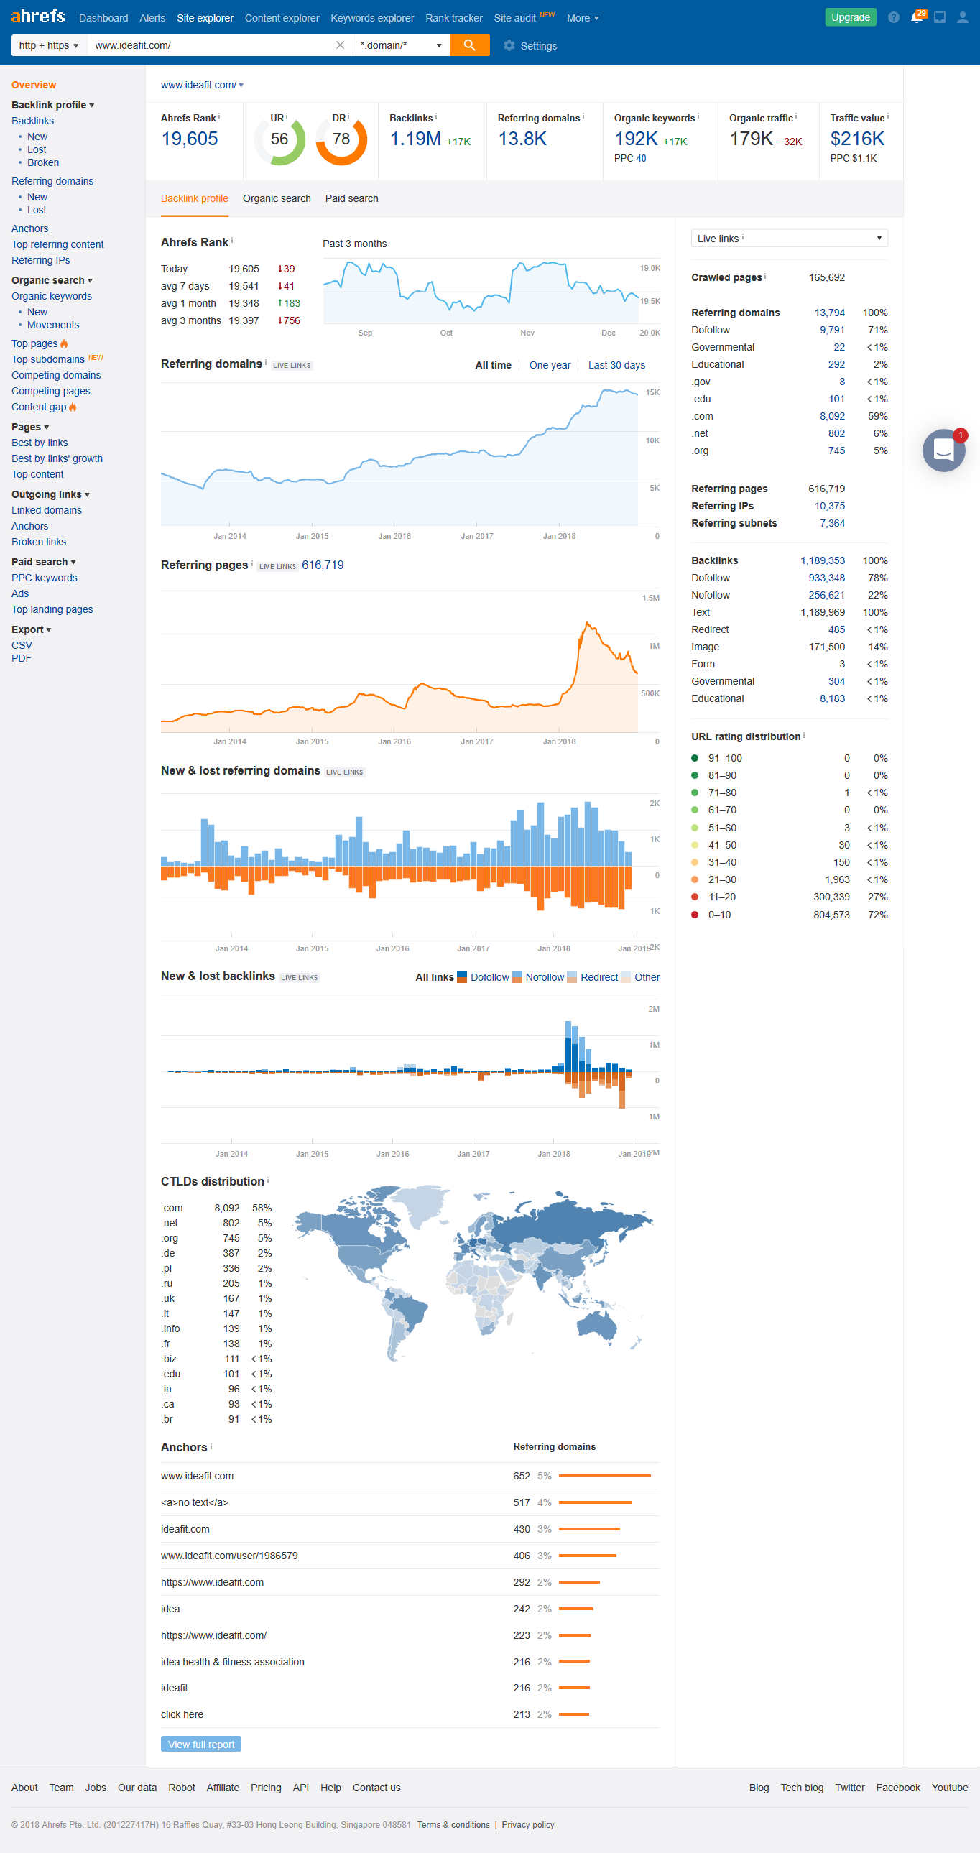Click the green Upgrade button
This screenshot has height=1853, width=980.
click(850, 17)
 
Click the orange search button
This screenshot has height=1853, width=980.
click(469, 45)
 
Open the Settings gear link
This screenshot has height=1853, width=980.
click(530, 46)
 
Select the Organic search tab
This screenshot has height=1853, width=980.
click(277, 198)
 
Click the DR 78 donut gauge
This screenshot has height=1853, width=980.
click(341, 139)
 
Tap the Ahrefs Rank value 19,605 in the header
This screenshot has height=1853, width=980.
click(189, 139)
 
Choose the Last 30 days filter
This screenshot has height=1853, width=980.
click(616, 366)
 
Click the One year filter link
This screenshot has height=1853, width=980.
click(550, 366)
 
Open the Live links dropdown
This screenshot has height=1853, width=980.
click(789, 238)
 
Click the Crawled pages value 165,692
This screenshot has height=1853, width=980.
click(826, 277)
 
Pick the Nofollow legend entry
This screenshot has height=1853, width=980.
click(544, 977)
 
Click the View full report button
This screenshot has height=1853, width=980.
click(200, 1745)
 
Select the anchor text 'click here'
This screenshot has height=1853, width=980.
click(182, 1714)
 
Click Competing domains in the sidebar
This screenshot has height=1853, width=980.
click(56, 376)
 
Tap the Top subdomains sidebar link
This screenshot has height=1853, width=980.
click(48, 360)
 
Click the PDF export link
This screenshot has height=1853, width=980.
click(22, 658)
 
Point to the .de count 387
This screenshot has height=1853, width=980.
click(231, 1253)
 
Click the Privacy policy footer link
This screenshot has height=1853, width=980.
click(528, 1825)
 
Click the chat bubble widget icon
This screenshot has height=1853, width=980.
click(943, 450)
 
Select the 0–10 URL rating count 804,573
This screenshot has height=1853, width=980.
click(831, 915)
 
